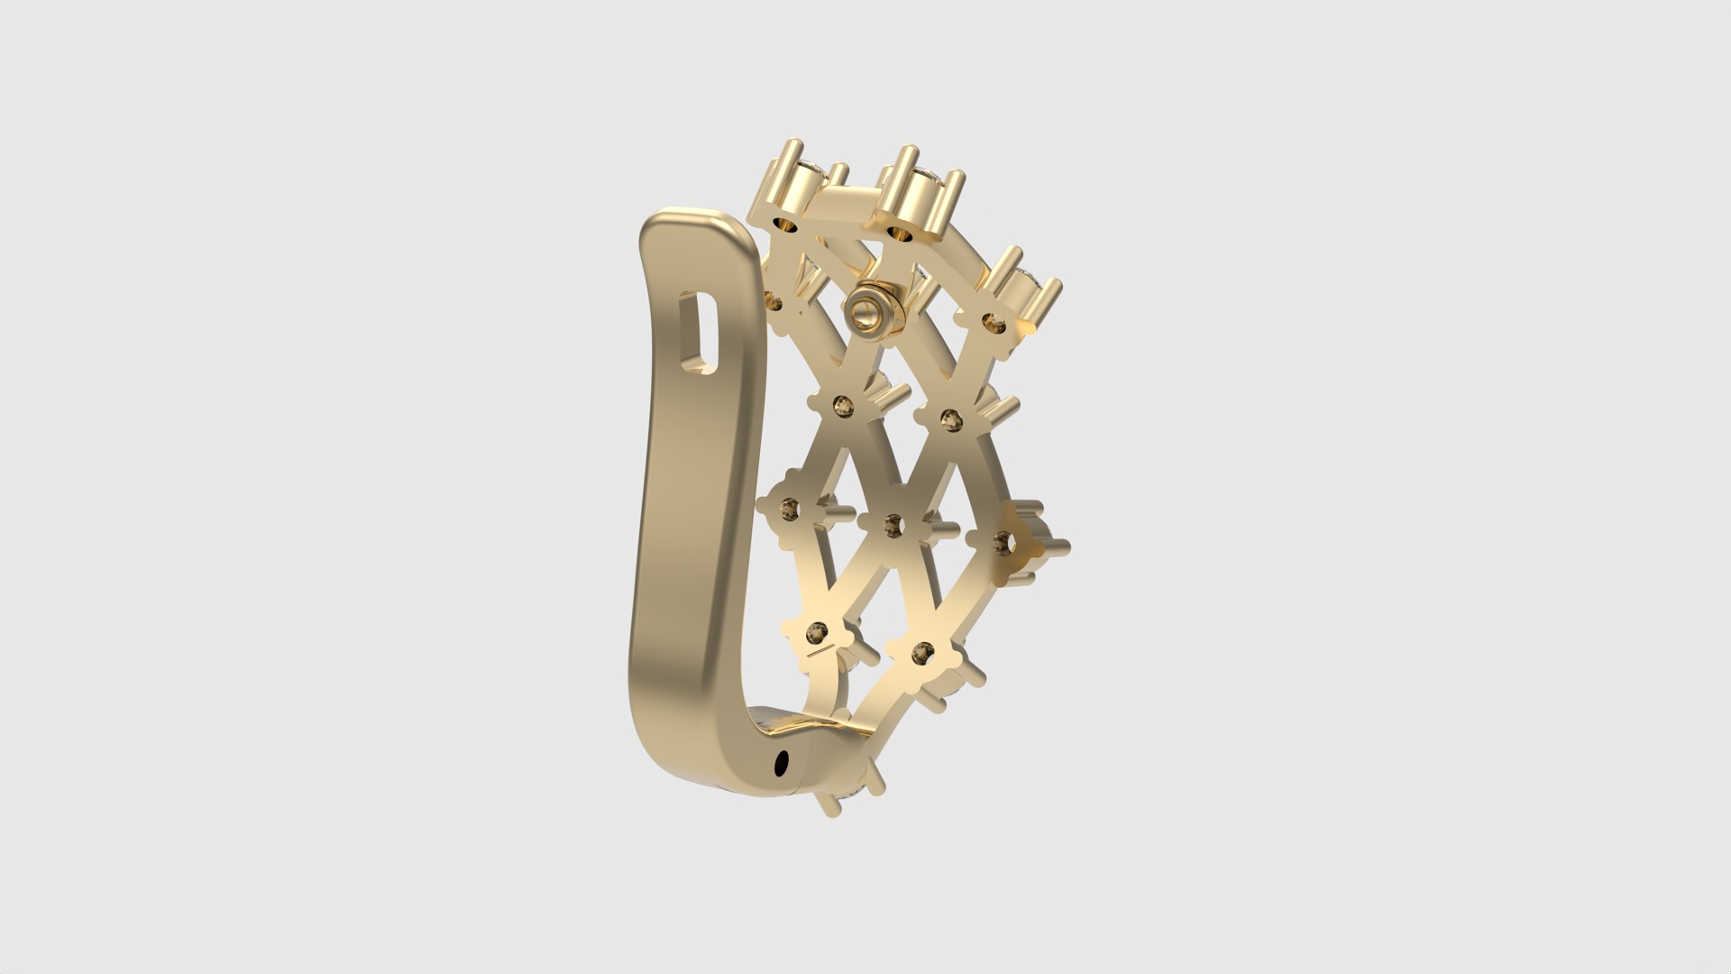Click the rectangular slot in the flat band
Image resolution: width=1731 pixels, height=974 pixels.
(x=701, y=333)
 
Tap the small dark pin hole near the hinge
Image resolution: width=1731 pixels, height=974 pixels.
(x=781, y=763)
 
